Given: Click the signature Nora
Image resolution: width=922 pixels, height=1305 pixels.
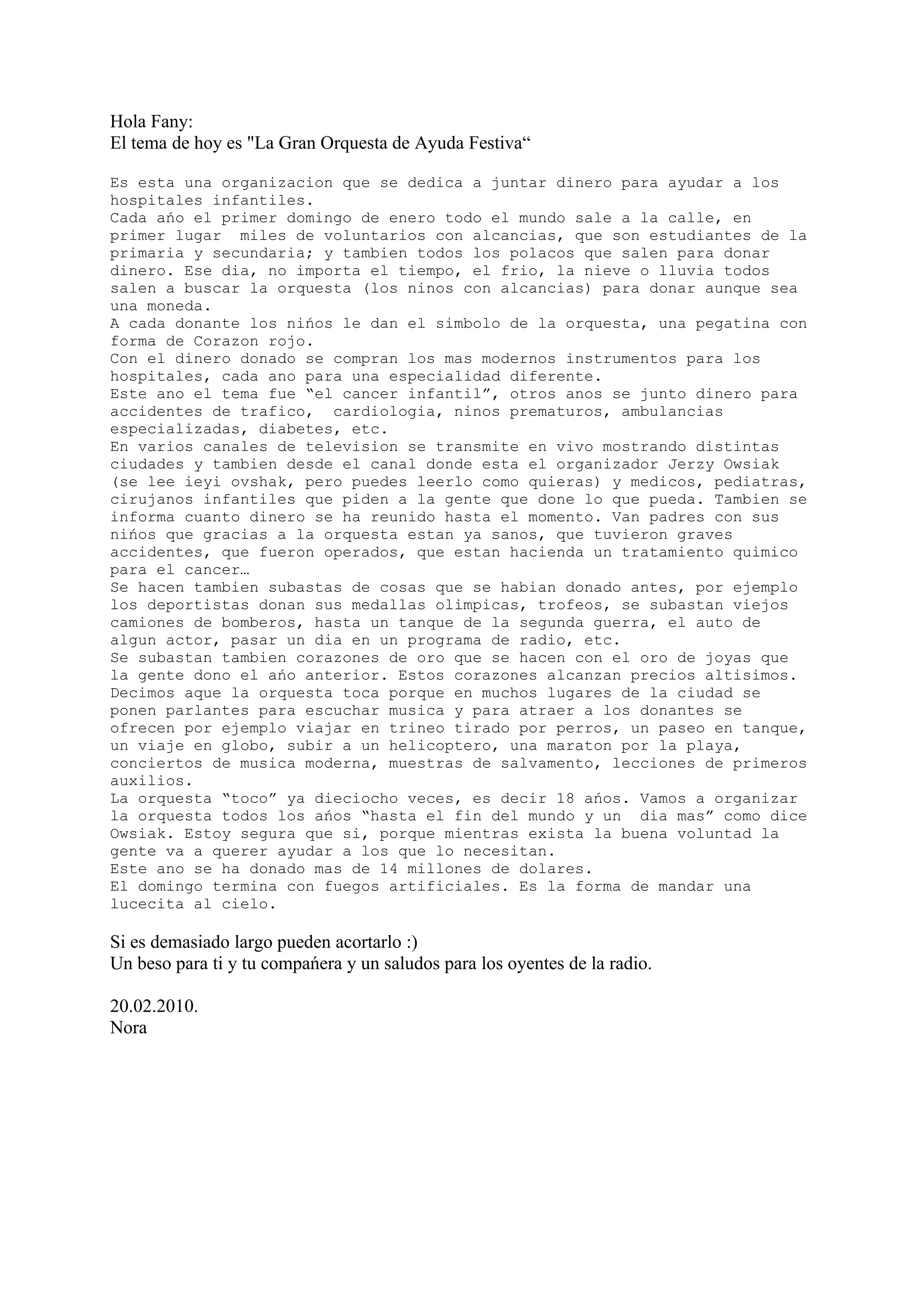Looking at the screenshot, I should click(128, 1028).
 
